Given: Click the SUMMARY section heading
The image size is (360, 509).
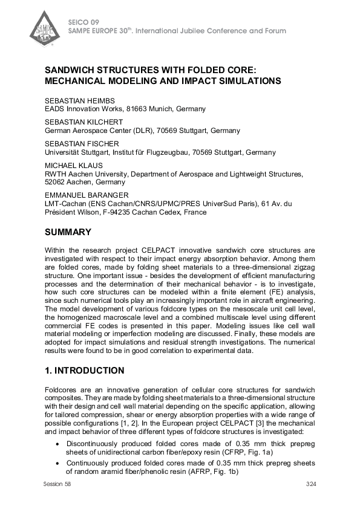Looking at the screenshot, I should pyautogui.click(x=69, y=232).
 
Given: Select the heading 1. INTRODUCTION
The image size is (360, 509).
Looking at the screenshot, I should pyautogui.click(x=85, y=371).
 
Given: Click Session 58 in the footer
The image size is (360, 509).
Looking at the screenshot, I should pyautogui.click(x=57, y=485).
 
